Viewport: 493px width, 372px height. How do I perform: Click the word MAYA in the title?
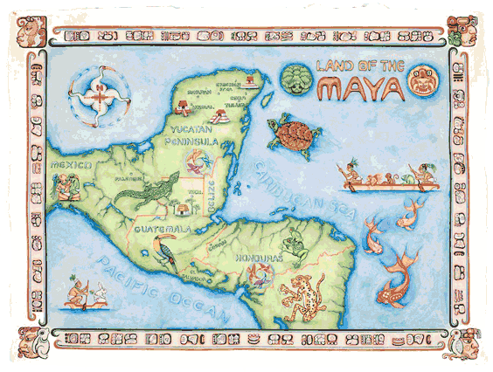coord(361,88)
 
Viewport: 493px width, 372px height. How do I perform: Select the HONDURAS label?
coord(257,258)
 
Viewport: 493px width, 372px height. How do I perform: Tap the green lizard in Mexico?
coord(153,193)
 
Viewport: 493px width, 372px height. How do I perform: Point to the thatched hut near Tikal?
coord(181,210)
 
